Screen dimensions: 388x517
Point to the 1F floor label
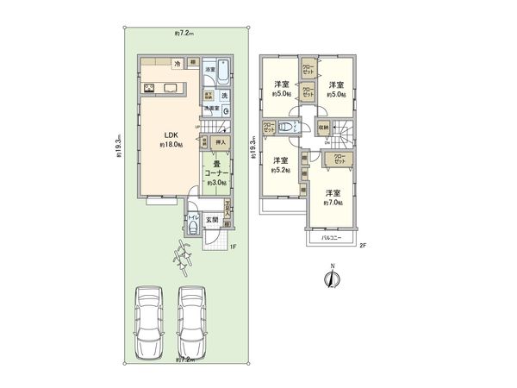pyautogui.click(x=232, y=248)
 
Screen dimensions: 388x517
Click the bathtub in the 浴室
pyautogui.click(x=222, y=69)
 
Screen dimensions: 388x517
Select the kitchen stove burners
pyautogui.click(x=149, y=87)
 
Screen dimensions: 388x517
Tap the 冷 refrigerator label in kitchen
pyautogui.click(x=178, y=65)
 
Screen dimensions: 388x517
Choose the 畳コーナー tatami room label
pyautogui.click(x=215, y=175)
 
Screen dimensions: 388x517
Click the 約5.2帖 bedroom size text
pyautogui.click(x=280, y=171)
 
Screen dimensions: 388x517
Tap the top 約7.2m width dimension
pyautogui.click(x=184, y=33)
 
